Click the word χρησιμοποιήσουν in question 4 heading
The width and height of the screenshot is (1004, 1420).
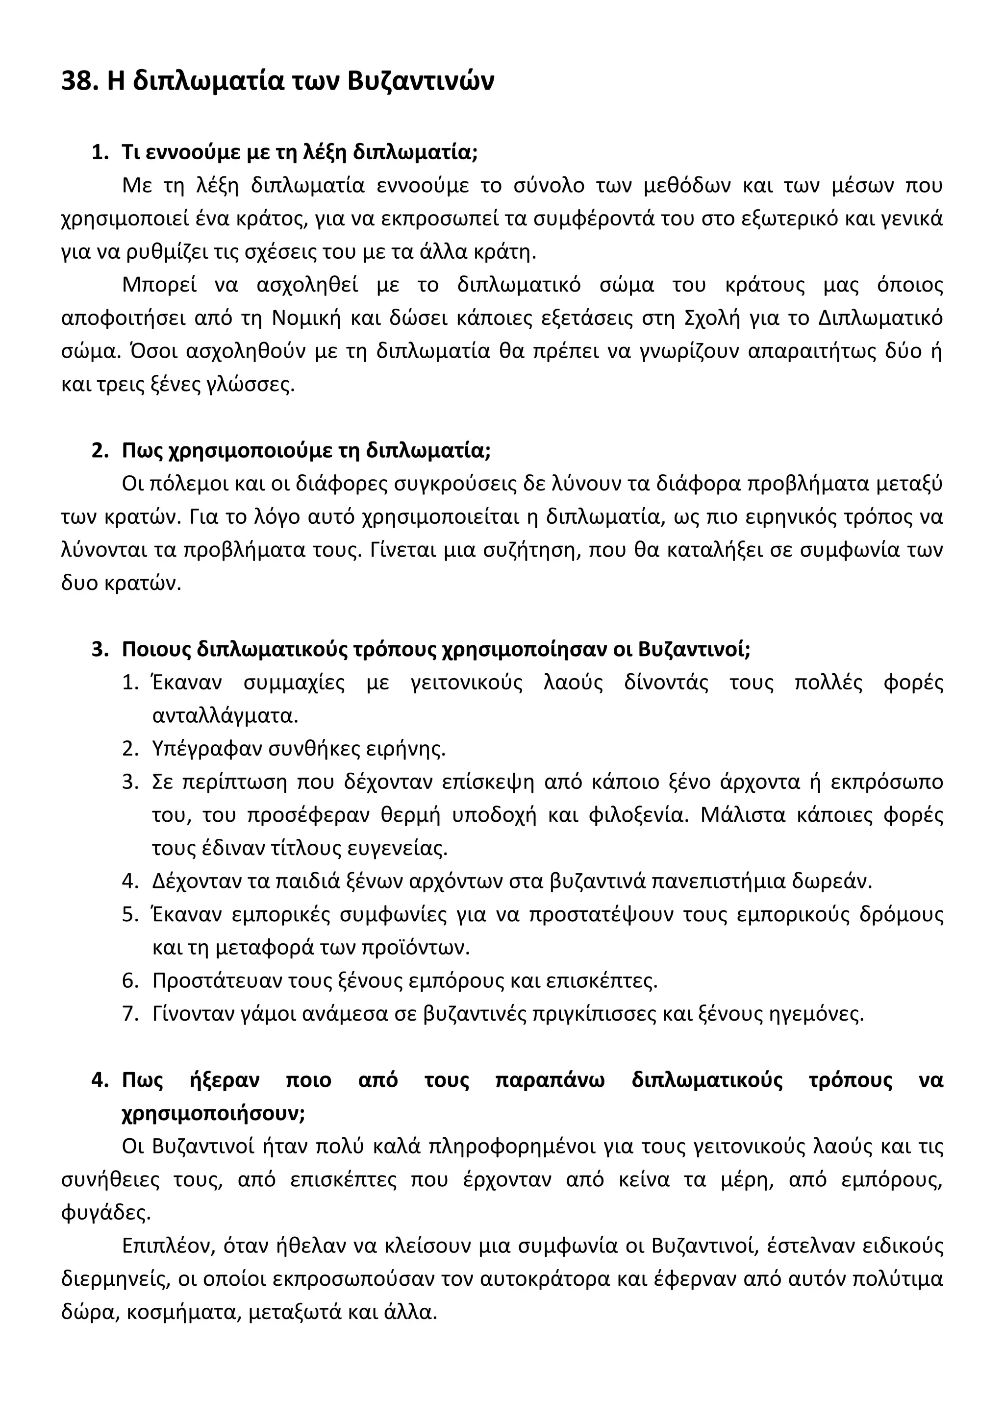pyautogui.click(x=213, y=1113)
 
